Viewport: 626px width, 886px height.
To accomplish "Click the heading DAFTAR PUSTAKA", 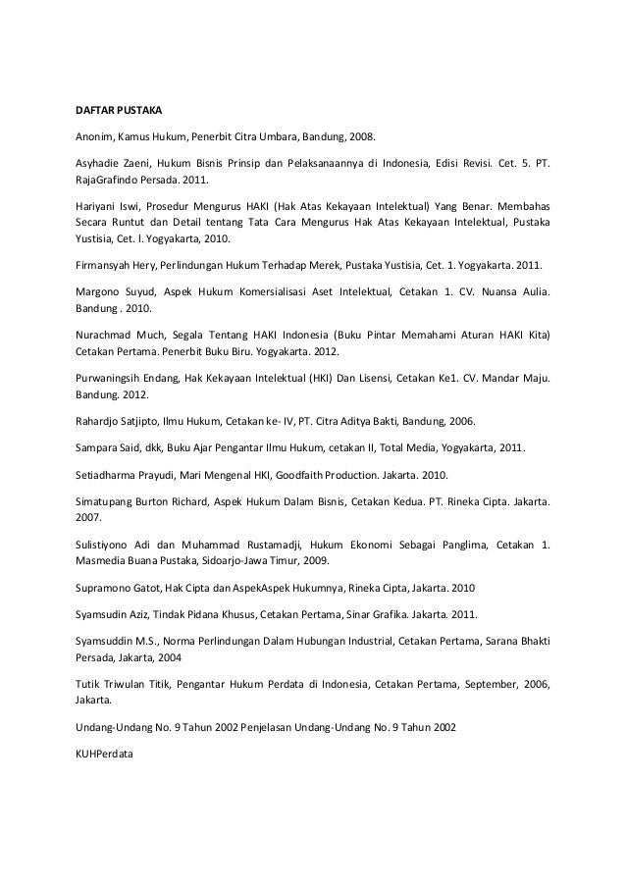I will [119, 109].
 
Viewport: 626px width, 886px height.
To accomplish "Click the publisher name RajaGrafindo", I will [112, 181].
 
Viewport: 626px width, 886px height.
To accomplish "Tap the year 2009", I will [314, 561].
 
